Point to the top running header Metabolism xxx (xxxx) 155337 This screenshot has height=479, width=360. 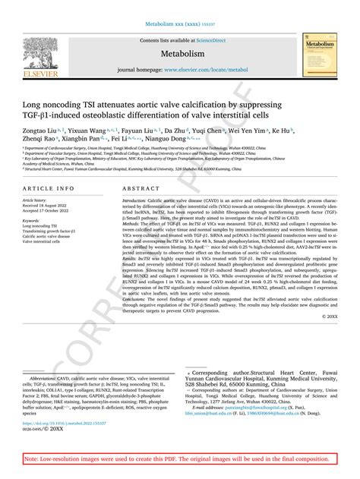[180, 23]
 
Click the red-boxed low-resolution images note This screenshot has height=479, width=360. [179, 459]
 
